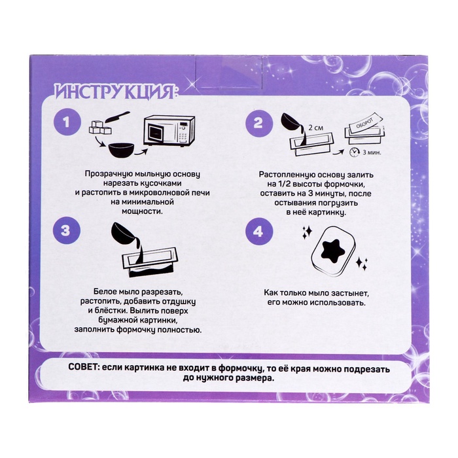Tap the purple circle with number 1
(67, 122)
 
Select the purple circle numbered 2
(258, 123)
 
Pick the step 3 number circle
(66, 230)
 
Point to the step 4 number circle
(258, 232)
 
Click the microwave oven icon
(169, 131)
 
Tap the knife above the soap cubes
(117, 117)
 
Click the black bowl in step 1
(121, 150)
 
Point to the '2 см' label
(316, 128)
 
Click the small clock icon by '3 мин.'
(355, 152)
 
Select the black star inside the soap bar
(333, 251)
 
